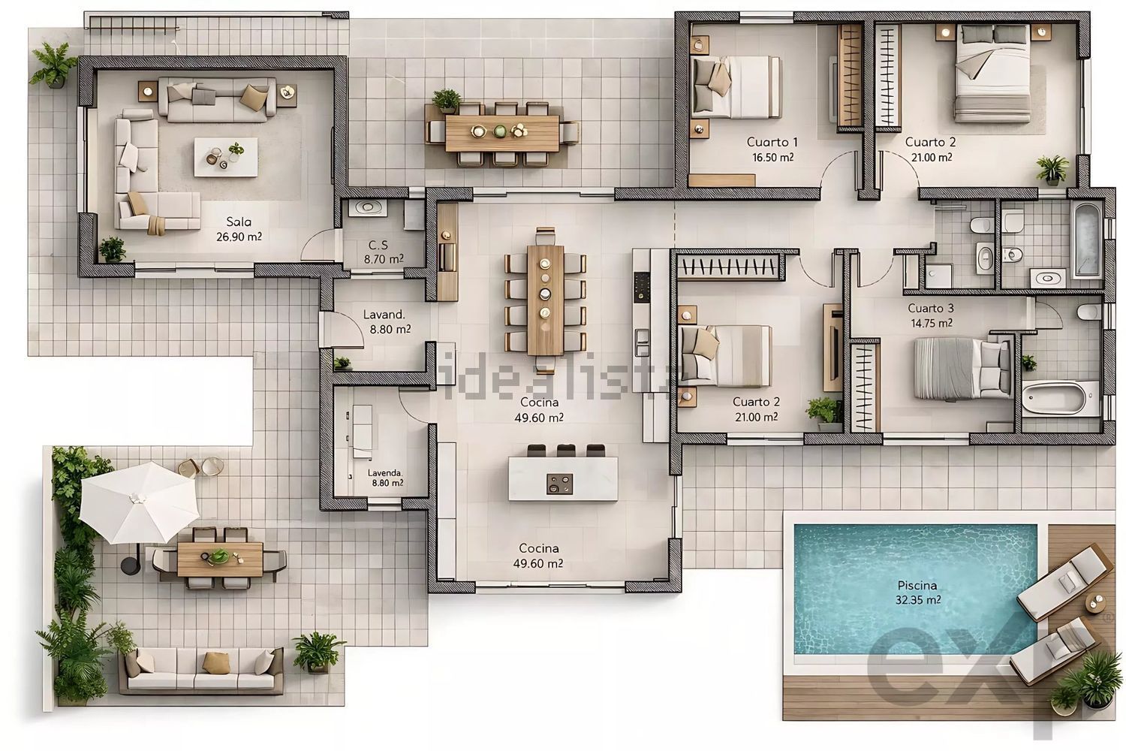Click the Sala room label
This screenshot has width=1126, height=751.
(239, 222)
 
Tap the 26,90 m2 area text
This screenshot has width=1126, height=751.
(239, 237)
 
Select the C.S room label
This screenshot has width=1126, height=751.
(378, 246)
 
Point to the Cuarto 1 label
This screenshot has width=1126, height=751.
(772, 143)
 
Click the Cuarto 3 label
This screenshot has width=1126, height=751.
(931, 308)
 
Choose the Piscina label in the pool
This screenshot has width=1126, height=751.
(917, 586)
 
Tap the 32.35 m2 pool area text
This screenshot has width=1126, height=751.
(918, 600)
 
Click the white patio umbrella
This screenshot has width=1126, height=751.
(139, 502)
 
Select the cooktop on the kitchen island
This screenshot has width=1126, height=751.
(559, 484)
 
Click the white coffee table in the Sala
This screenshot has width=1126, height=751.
(226, 158)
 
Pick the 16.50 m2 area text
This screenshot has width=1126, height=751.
(772, 158)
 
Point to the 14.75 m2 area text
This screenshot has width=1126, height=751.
(932, 323)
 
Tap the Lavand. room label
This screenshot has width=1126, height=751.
(384, 315)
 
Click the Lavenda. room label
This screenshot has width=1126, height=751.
(385, 473)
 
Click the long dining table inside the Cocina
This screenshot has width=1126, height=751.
(546, 300)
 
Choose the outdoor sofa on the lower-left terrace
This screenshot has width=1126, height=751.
(201, 671)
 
